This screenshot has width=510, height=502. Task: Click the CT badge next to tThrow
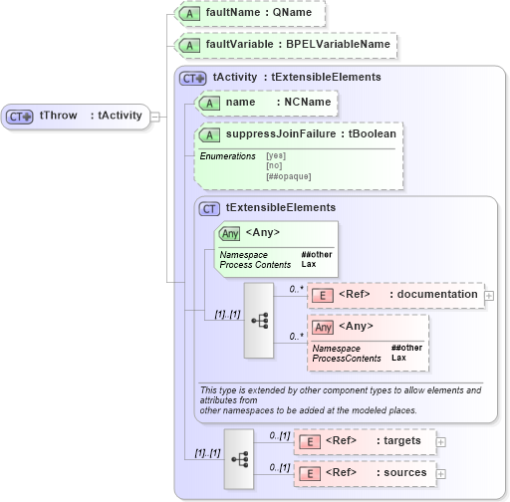(x=20, y=117)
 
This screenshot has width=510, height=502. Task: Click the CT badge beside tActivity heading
(x=192, y=77)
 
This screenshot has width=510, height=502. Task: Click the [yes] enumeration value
(x=277, y=156)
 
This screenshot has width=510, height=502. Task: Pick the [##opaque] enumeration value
(x=288, y=176)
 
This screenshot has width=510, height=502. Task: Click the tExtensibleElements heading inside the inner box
(x=280, y=208)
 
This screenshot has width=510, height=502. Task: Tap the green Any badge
(x=230, y=233)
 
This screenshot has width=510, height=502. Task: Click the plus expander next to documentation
(x=489, y=295)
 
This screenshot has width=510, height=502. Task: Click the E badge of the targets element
(x=311, y=441)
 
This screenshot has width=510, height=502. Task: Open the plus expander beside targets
(x=441, y=441)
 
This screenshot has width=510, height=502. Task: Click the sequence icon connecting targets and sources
(x=240, y=458)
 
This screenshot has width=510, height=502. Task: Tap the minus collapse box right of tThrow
(x=154, y=117)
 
